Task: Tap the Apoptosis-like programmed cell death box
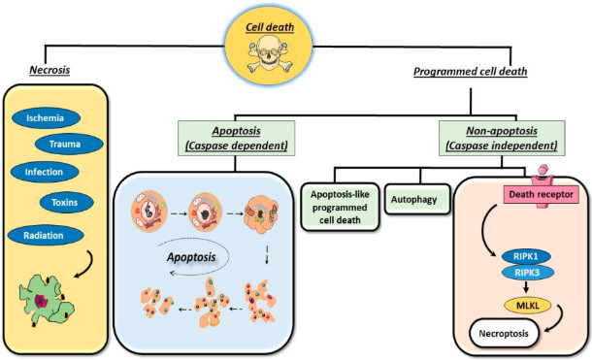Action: coord(339,206)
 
